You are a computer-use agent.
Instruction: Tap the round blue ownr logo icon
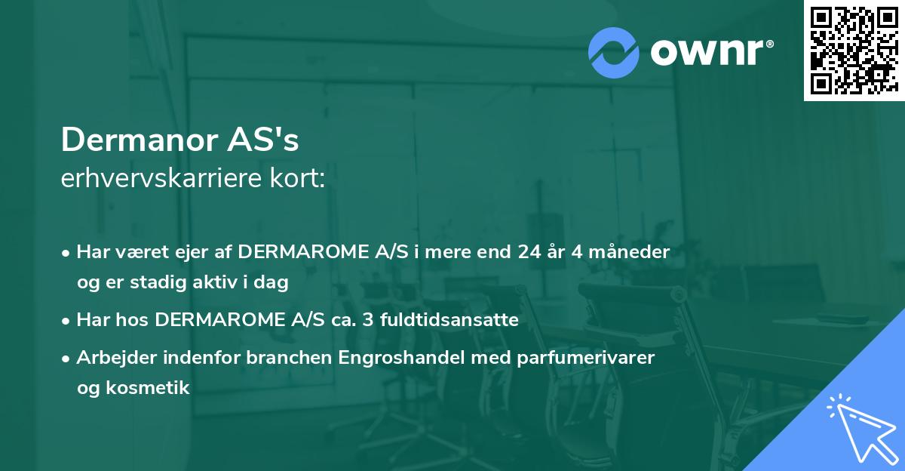click(x=614, y=51)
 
